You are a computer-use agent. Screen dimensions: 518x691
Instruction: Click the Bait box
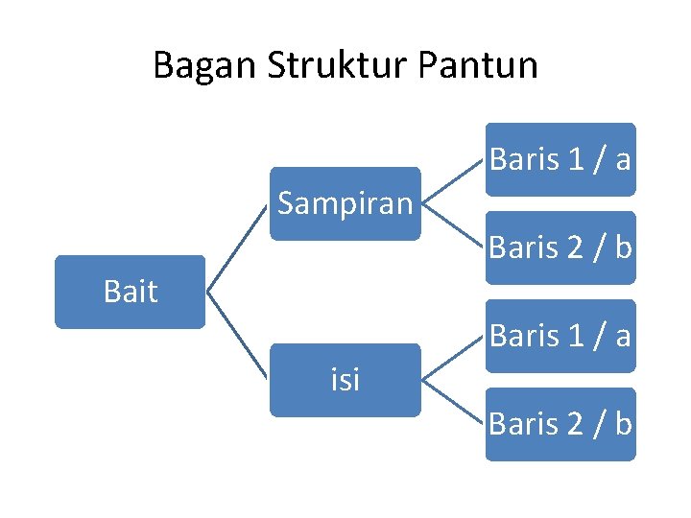point(130,292)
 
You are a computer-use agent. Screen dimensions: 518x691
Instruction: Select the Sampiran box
point(345,203)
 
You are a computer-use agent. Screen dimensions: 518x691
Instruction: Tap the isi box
point(345,380)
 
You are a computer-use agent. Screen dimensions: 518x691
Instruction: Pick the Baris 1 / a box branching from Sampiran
point(560,159)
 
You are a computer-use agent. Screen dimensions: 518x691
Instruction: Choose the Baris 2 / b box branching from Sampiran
point(560,247)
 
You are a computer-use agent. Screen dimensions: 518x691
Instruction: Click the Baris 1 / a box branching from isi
point(560,336)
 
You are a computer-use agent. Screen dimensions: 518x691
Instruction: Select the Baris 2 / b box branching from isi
point(560,423)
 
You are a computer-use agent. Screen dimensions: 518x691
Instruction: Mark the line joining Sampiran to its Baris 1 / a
point(452,181)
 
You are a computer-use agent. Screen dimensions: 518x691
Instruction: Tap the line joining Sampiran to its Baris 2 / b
point(452,225)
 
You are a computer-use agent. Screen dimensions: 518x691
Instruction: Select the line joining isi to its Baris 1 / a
point(452,358)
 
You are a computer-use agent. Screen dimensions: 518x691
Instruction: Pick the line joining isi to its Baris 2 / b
point(452,402)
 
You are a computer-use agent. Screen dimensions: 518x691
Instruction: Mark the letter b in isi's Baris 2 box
point(623,423)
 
